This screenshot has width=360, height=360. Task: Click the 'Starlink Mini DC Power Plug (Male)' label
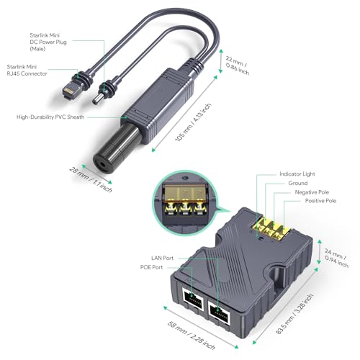(x=48, y=42)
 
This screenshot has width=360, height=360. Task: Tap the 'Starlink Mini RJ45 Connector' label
(x=27, y=70)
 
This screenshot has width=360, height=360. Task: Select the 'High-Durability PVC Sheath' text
(x=50, y=117)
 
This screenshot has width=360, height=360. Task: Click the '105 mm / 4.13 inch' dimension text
(x=193, y=122)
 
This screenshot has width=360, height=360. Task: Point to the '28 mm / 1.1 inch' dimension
(x=91, y=180)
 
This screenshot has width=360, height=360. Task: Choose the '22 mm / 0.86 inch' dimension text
(x=238, y=66)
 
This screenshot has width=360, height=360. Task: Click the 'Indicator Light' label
(x=297, y=174)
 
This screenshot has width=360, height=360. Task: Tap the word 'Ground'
(x=298, y=183)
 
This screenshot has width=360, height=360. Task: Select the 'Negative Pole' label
(x=312, y=192)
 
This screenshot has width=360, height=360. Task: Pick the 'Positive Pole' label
(x=320, y=201)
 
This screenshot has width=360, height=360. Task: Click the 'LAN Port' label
(x=162, y=258)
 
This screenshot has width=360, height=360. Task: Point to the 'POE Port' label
(x=151, y=267)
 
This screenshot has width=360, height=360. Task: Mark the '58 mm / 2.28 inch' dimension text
(x=191, y=336)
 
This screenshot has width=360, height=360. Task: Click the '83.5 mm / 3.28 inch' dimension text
(x=294, y=314)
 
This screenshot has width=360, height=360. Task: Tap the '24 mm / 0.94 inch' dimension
(x=336, y=258)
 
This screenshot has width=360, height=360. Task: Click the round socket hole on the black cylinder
(x=103, y=165)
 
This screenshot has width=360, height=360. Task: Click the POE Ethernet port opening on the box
(x=193, y=299)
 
